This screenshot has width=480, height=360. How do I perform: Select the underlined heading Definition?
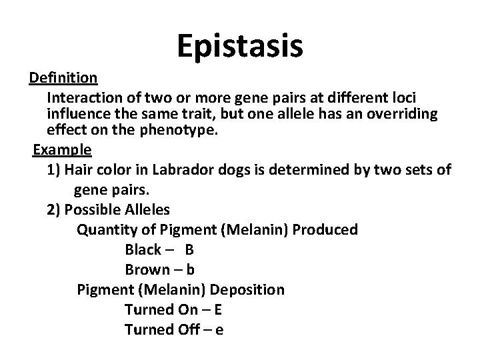point(63,79)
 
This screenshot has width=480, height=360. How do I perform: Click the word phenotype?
point(179,131)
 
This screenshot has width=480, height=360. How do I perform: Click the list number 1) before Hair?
point(54,170)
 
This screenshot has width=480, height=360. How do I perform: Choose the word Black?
point(143,250)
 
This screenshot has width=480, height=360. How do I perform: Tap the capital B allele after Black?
point(189,250)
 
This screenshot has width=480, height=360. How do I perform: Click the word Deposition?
point(247,290)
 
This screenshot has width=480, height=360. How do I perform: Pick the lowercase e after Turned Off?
point(219,331)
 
